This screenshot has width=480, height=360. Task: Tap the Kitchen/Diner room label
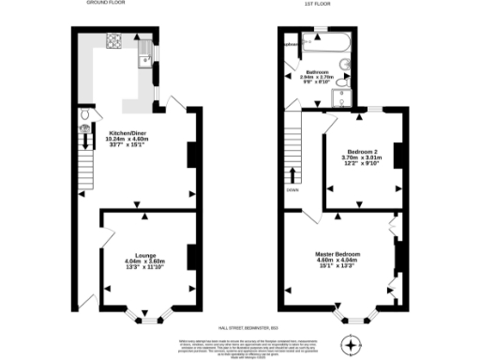[x=131, y=139]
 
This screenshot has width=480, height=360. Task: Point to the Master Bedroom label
[x=339, y=258]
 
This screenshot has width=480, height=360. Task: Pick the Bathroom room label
[x=317, y=77]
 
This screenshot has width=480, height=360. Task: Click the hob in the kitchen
[x=117, y=40]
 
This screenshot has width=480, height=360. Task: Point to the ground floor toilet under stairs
[x=84, y=116]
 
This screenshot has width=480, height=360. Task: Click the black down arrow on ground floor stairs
[x=84, y=140]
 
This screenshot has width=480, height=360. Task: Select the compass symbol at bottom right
[x=352, y=344]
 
